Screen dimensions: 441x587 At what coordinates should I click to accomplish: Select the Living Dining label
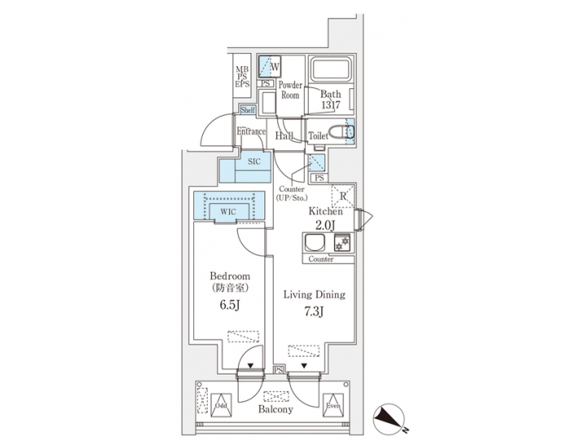click(314, 294)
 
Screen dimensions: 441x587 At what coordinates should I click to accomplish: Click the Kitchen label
click(324, 211)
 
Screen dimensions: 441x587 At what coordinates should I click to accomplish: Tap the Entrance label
click(252, 131)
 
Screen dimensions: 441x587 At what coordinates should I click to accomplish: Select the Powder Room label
click(290, 90)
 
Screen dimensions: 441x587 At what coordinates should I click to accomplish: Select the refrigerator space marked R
click(342, 195)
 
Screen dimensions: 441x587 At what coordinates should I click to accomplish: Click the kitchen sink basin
click(315, 243)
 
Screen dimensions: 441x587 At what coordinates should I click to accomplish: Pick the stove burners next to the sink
click(343, 243)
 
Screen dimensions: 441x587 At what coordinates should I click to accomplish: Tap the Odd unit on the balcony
click(221, 403)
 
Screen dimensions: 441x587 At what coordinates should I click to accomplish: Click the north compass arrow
click(390, 418)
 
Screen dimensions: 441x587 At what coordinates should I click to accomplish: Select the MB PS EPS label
click(242, 77)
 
